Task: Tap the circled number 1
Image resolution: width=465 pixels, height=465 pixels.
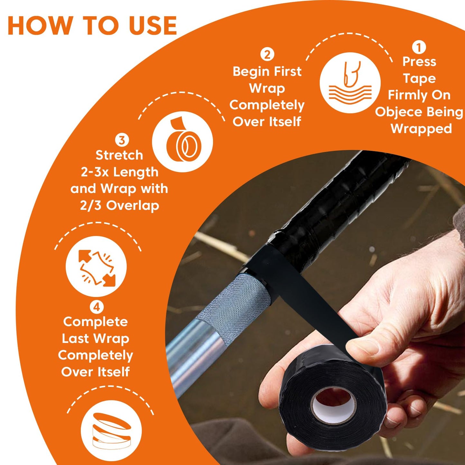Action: click(x=419, y=48)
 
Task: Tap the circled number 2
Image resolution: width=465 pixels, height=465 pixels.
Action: click(x=267, y=54)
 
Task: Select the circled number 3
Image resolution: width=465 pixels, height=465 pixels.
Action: click(x=122, y=140)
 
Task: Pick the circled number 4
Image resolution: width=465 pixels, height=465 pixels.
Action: click(x=97, y=307)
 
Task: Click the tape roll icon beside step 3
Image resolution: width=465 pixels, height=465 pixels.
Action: click(x=182, y=142)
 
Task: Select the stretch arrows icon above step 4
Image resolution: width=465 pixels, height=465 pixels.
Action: click(x=96, y=266)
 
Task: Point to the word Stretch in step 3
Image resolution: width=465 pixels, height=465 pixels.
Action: click(x=119, y=155)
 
